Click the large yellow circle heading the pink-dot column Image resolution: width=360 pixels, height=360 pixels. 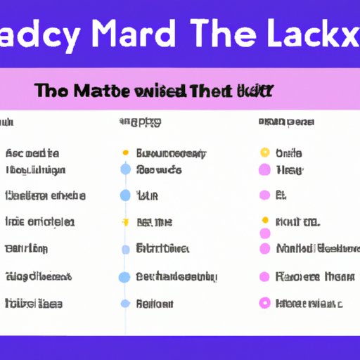[x=265, y=153]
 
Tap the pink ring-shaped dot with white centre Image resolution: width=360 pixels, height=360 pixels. [x=265, y=303]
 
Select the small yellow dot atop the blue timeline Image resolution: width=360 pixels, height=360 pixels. [x=125, y=153]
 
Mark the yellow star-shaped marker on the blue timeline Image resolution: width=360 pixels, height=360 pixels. [x=125, y=221]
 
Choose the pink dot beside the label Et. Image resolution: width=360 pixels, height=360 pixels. [x=265, y=195]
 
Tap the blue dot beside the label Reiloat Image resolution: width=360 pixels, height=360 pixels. [x=125, y=304]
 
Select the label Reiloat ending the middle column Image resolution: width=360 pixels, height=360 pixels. [x=154, y=304]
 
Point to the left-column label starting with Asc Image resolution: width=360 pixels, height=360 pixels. [x=32, y=153]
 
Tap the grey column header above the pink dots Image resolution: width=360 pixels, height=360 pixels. [x=285, y=122]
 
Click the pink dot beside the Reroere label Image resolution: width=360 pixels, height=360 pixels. [x=265, y=277]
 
